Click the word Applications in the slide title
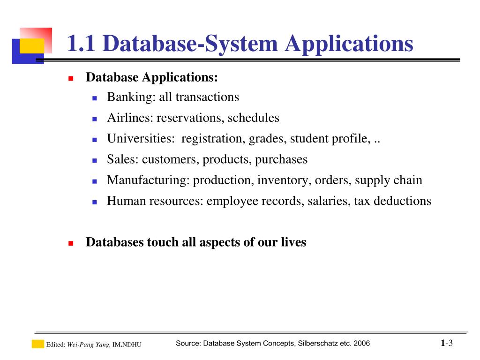349,44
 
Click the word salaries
328,201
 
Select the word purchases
281,159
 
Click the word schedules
254,118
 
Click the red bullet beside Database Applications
71,78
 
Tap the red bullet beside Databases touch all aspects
71,243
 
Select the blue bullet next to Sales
94,160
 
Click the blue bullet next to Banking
94,98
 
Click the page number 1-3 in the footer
447,343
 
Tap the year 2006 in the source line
362,344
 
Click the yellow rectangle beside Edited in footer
37,344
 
